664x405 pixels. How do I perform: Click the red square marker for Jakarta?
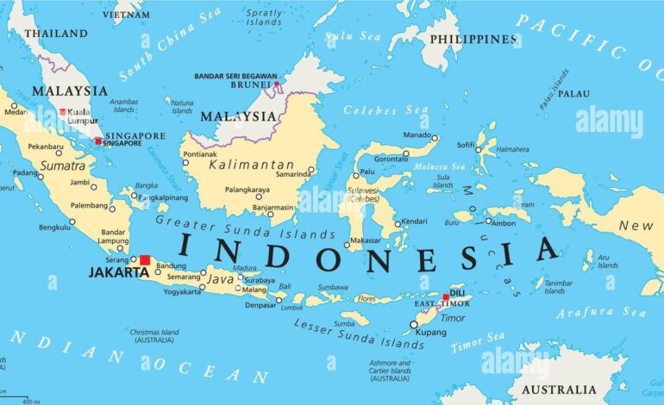click(145, 260)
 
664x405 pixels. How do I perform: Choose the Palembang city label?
click(89, 207)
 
